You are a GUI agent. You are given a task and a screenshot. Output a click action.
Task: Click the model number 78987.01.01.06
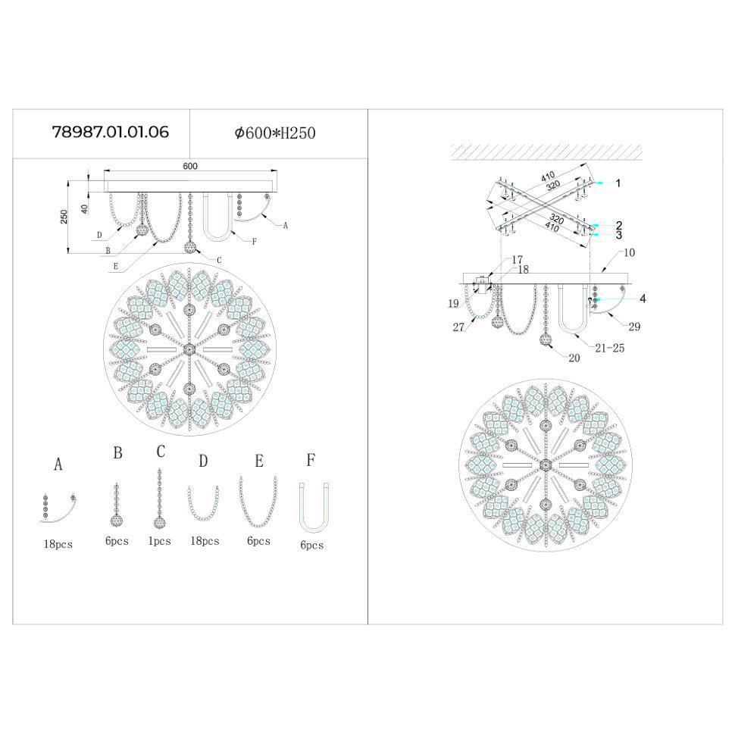[x=111, y=133]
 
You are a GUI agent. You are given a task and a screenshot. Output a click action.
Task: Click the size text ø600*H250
[x=275, y=133]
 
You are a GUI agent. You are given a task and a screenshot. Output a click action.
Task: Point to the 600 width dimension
[x=189, y=166]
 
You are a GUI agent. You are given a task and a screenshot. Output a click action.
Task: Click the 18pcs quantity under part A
[x=58, y=544]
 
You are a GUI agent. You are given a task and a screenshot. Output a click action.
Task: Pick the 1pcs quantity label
[x=159, y=541]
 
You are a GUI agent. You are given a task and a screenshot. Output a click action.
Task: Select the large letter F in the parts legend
[x=311, y=460]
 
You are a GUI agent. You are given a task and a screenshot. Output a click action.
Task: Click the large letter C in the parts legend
[x=161, y=452]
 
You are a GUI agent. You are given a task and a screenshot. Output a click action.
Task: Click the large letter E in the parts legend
[x=259, y=461]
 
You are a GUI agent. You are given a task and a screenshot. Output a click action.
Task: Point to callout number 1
[x=618, y=183]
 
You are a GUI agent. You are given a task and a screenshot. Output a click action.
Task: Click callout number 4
[x=642, y=299]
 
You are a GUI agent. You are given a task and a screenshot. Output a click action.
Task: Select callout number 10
[x=630, y=252]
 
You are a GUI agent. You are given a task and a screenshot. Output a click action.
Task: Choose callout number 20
[x=574, y=358]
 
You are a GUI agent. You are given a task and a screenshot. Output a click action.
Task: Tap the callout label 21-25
[x=609, y=348]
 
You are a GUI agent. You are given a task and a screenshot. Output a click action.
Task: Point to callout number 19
[x=453, y=304]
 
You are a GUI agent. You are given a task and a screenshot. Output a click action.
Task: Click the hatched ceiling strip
[x=546, y=152]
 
